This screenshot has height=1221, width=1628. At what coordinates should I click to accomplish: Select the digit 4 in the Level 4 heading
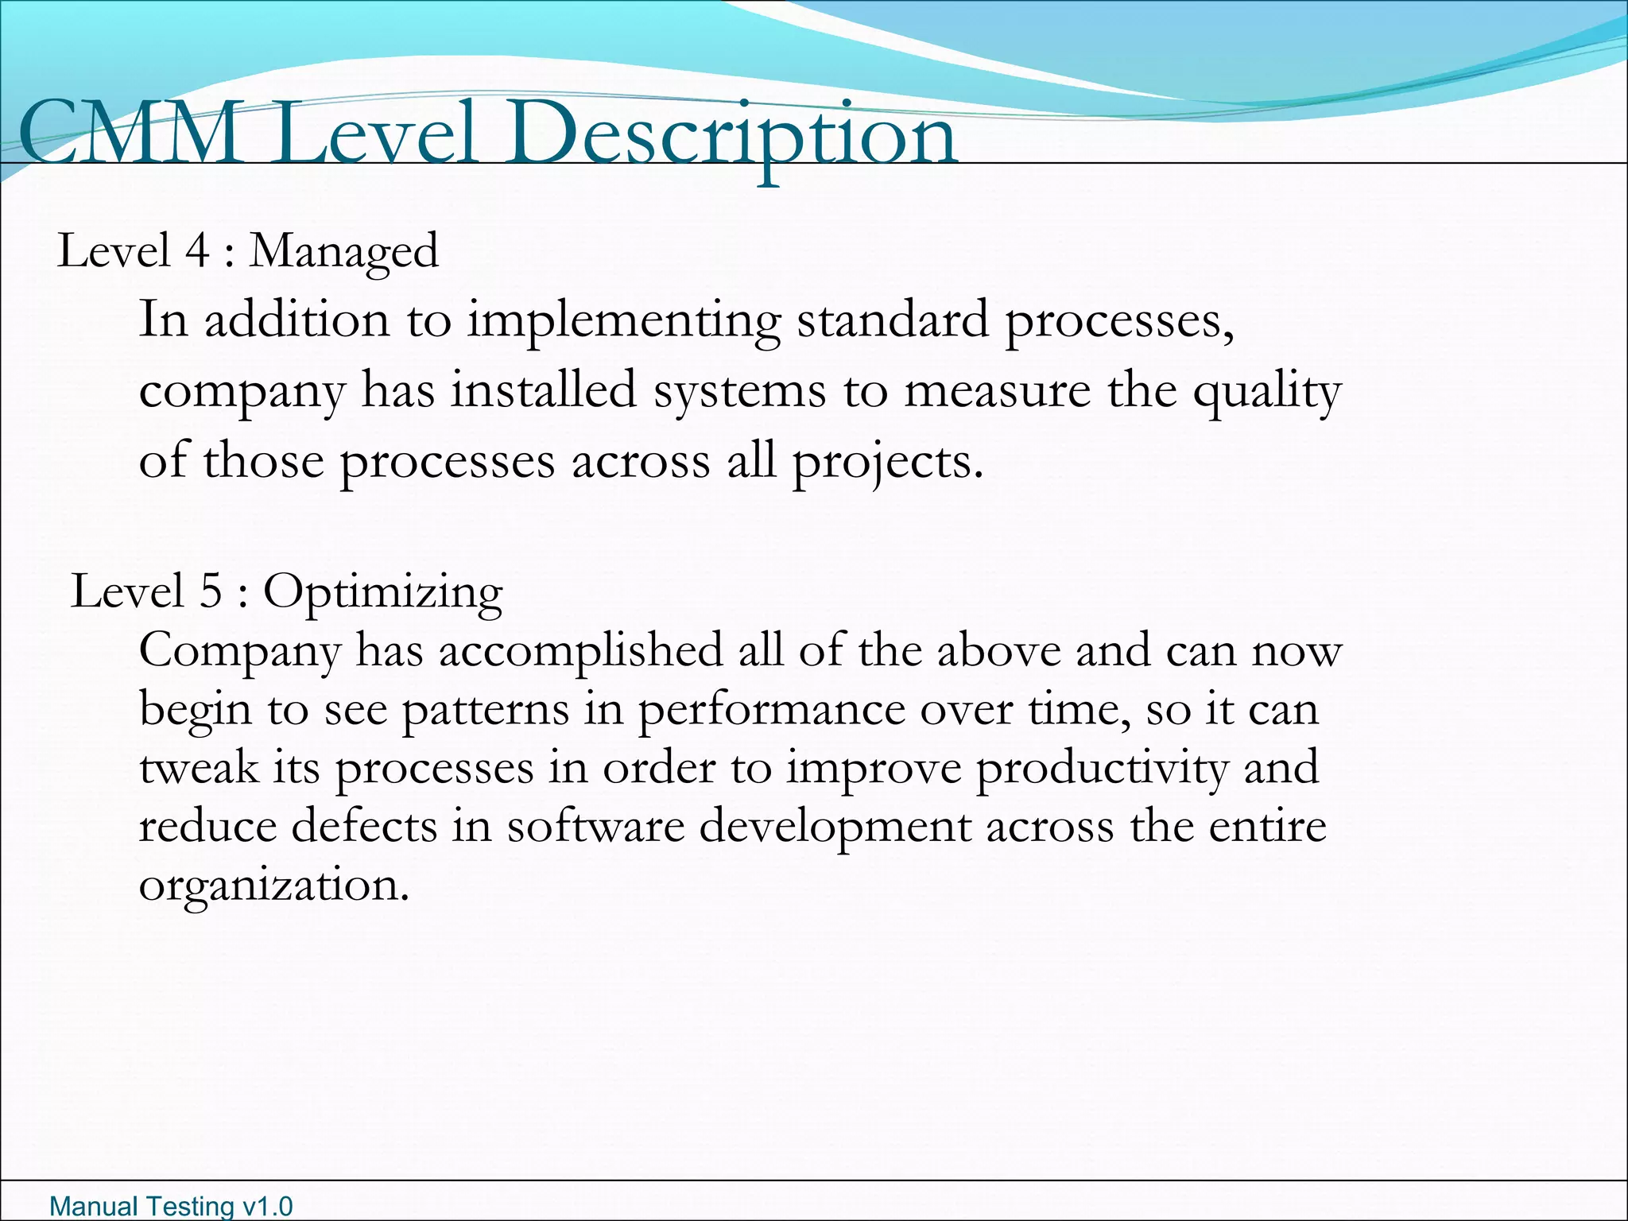point(196,251)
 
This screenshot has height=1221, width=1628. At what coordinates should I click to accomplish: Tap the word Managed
point(343,253)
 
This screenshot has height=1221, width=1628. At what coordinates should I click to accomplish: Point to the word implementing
point(624,321)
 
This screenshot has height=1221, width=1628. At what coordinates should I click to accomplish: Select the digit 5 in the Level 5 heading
point(210,592)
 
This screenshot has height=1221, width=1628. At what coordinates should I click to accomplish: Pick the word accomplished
point(580,651)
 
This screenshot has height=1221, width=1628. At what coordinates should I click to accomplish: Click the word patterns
point(486,710)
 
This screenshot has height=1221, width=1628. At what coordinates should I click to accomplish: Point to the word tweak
point(199,768)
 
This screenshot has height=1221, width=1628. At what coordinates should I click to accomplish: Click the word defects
point(364,826)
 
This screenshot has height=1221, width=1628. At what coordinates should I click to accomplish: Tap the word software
point(595,826)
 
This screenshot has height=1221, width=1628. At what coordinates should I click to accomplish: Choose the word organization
point(273,886)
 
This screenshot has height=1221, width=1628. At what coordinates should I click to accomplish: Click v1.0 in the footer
point(267,1207)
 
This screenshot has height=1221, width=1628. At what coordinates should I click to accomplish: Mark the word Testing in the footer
point(191,1207)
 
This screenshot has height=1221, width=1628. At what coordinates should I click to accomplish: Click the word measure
point(997,390)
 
